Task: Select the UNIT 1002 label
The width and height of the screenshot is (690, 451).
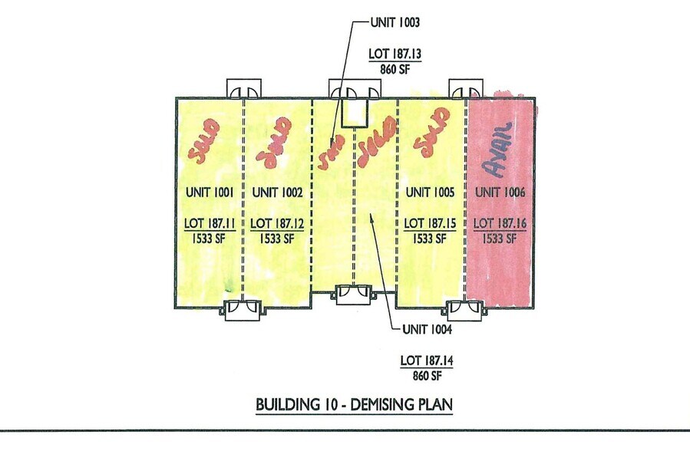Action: tap(272, 193)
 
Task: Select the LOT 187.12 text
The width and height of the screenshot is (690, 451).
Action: tap(272, 224)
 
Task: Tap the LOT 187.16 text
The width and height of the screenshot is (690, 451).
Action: tap(500, 224)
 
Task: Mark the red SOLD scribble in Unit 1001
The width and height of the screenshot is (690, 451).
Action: tap(204, 140)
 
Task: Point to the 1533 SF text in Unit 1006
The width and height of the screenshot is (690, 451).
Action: tap(500, 238)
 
